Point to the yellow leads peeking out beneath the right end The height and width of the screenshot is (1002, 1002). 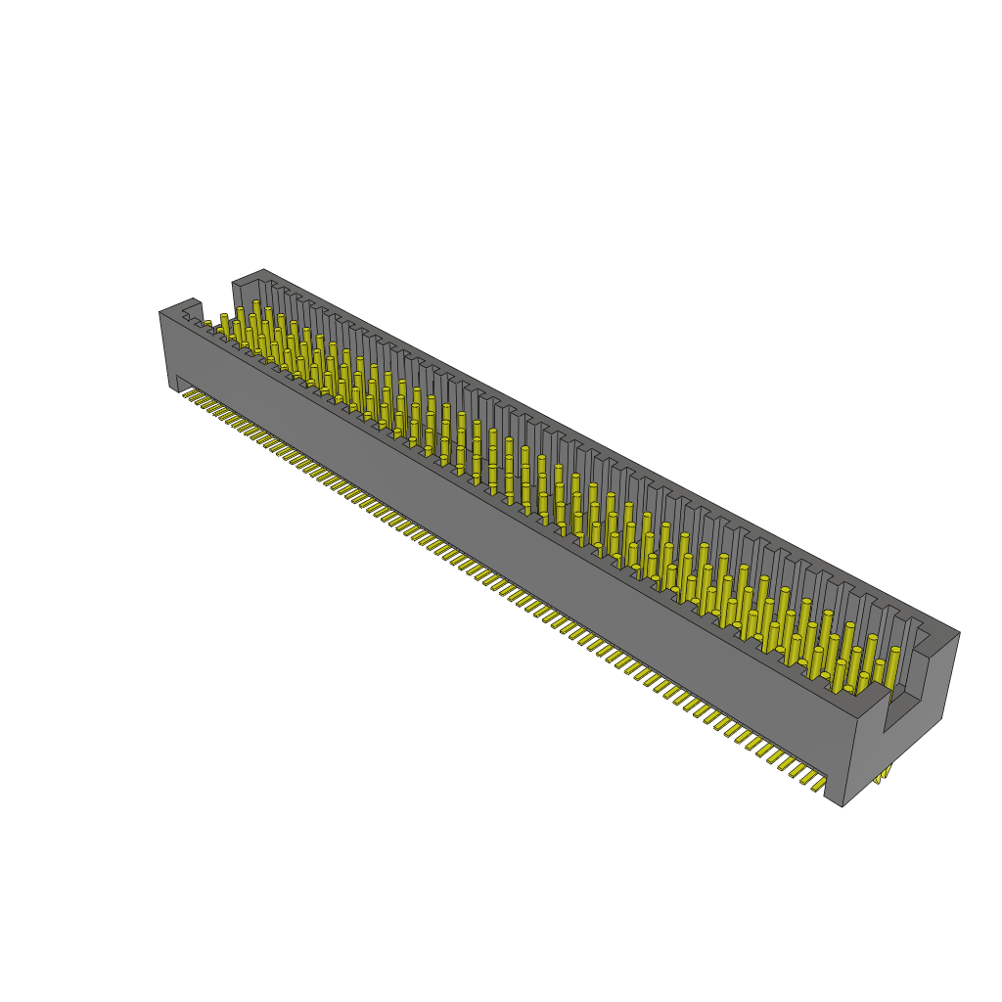(x=885, y=775)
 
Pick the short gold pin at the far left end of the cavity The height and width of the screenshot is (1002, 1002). (x=207, y=325)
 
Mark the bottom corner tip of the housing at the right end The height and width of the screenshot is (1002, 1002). (x=843, y=805)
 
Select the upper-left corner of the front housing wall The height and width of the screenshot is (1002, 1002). (x=162, y=312)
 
